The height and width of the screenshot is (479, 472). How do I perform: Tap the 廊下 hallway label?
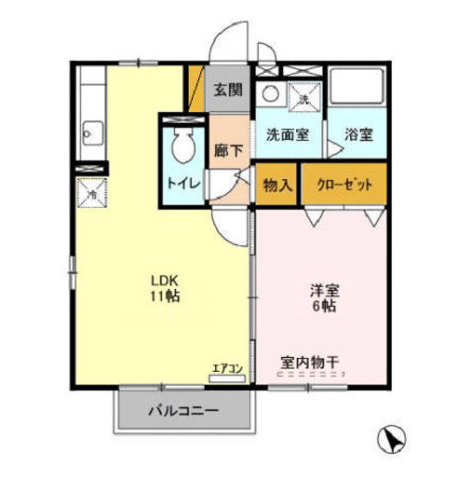tap(227, 150)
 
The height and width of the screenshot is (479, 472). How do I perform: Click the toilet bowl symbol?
tap(182, 144)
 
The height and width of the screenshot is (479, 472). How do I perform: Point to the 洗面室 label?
tap(287, 134)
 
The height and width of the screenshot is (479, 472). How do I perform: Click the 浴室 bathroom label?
tap(358, 134)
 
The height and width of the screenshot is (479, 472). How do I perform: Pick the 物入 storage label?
tap(278, 185)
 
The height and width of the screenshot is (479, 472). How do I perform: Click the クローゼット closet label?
tap(344, 185)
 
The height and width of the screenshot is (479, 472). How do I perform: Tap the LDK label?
tap(165, 279)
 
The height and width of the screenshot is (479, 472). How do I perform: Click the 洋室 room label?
tap(324, 291)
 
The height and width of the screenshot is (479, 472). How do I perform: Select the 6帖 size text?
tap(324, 307)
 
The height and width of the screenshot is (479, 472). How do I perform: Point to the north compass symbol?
tap(393, 439)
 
